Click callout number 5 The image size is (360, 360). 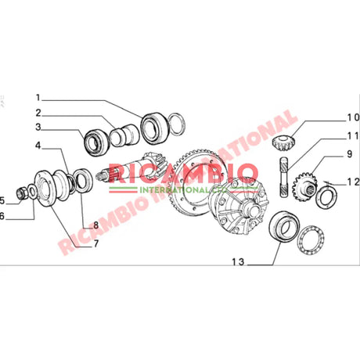[x=3, y=199]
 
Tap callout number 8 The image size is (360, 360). [x=96, y=225]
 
